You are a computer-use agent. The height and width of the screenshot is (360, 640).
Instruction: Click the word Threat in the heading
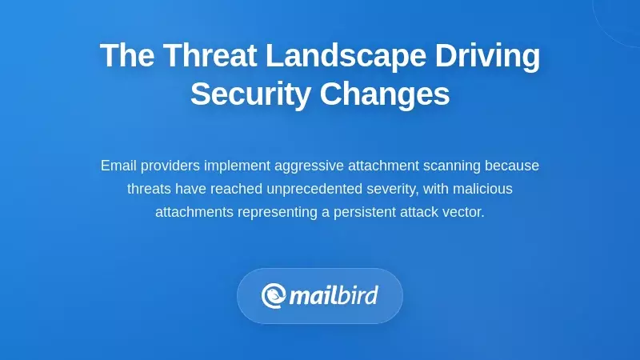210,57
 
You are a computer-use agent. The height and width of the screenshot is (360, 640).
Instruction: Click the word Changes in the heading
385,94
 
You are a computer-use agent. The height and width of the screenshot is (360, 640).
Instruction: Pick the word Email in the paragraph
118,166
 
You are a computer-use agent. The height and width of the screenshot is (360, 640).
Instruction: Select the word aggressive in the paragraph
308,166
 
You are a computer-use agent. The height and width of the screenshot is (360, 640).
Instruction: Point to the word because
512,166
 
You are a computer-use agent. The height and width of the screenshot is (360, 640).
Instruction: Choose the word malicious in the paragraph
483,189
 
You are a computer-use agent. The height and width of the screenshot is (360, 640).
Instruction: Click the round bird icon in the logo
274,296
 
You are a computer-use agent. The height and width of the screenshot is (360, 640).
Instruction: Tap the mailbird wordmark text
333,296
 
